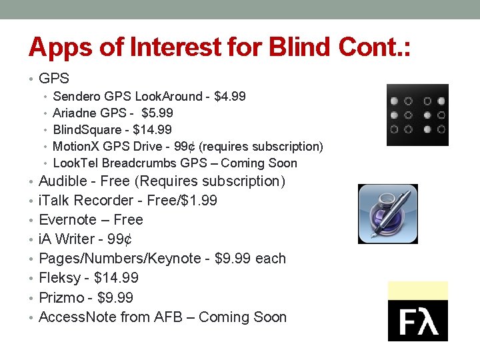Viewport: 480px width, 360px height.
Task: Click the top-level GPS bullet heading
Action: pos(54,78)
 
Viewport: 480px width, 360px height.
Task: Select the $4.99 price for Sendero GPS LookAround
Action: pos(229,97)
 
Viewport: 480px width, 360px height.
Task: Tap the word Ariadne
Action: pos(75,113)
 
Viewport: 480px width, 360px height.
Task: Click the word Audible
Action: pos(63,181)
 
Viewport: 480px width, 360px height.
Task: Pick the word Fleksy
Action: pos(60,278)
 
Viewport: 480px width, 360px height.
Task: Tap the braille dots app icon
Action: pos(417,115)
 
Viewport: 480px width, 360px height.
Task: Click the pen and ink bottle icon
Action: pos(388,213)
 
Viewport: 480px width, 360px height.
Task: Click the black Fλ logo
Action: pos(418,321)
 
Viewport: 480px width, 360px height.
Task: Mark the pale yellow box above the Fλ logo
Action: pos(418,290)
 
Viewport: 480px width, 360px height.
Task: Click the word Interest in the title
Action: pos(177,47)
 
